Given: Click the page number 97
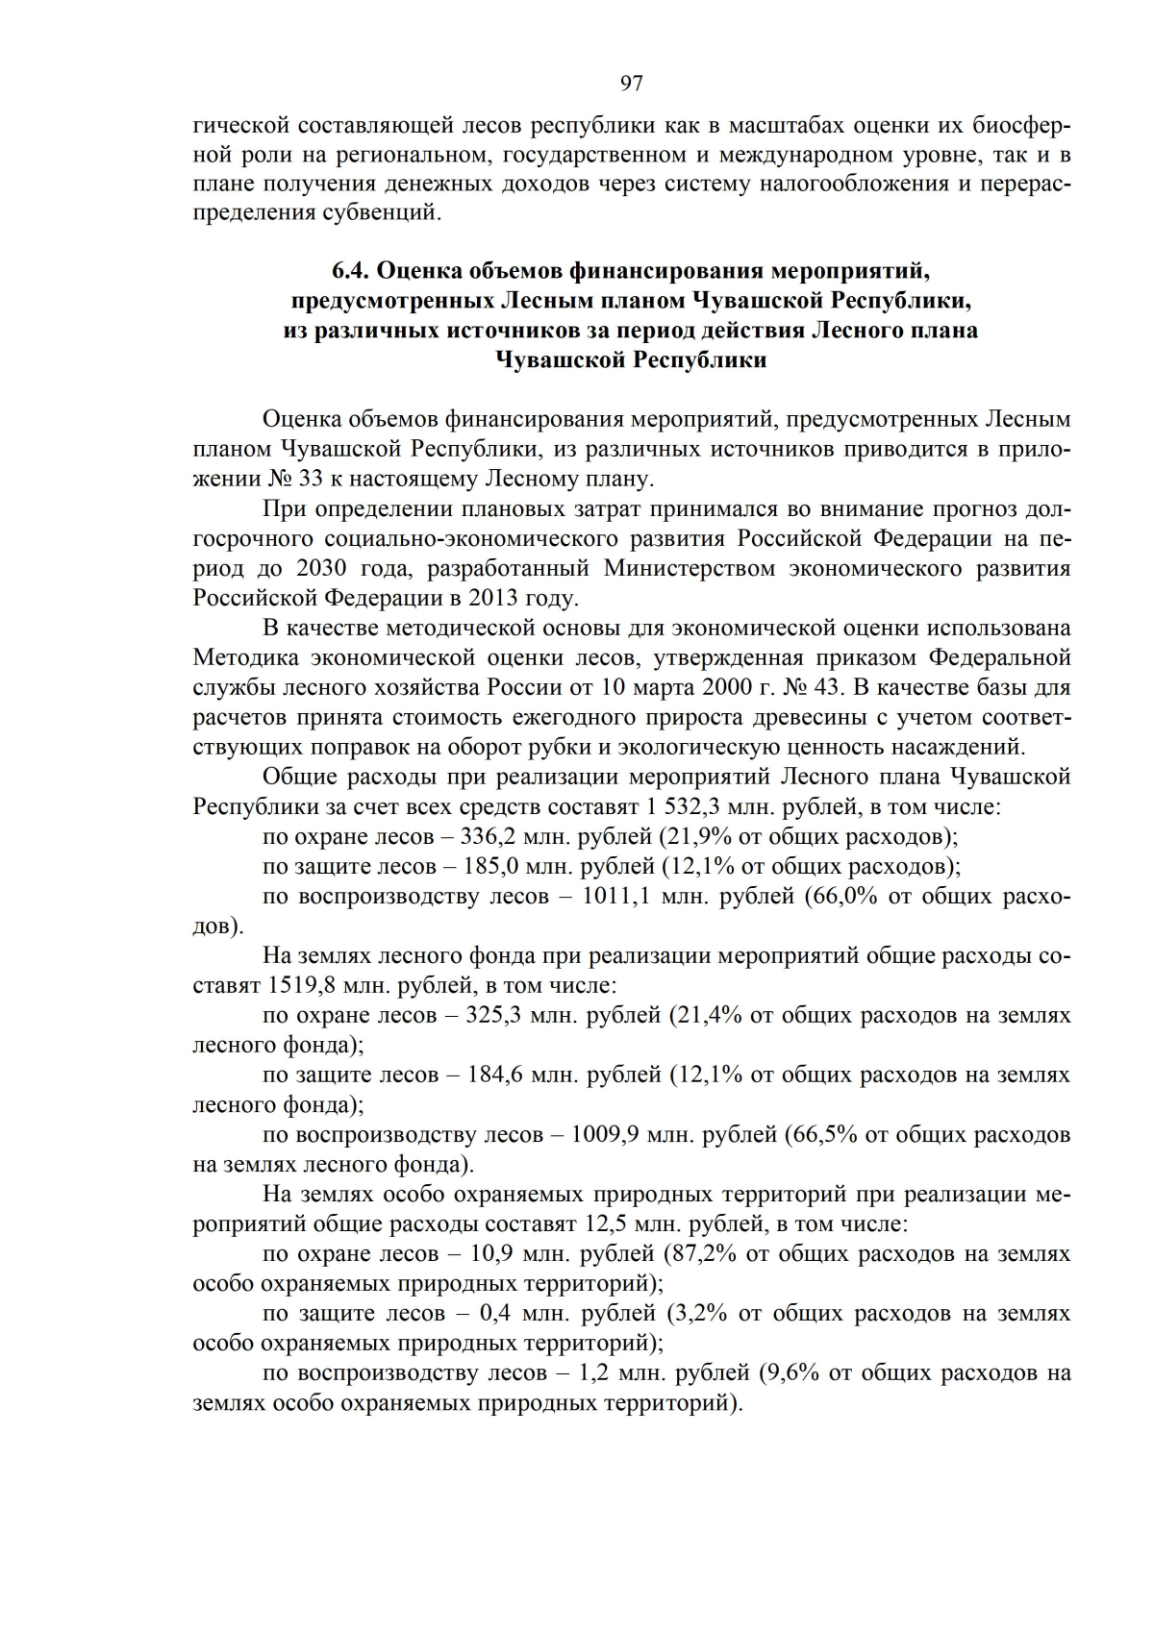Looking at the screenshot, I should coord(631,84).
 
